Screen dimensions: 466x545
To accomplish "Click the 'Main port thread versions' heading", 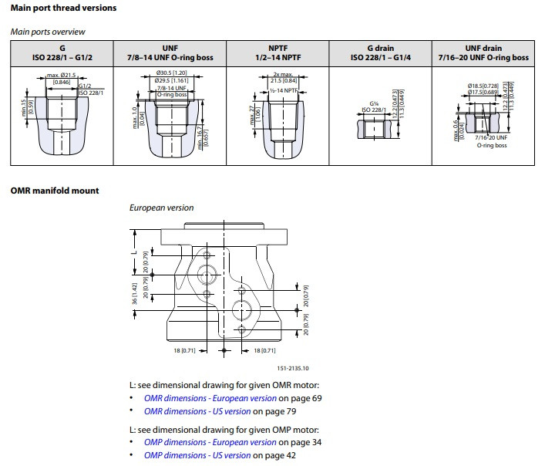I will pos(64,8).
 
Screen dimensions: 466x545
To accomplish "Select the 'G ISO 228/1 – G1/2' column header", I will pos(63,52).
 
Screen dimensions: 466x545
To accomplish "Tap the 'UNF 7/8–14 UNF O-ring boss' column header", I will pos(170,52).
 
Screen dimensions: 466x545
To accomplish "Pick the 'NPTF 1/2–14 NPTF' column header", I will pos(278,52).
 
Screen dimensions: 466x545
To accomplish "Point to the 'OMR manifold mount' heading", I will pos(55,190).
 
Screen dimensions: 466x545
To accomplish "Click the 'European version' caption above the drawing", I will pos(161,208).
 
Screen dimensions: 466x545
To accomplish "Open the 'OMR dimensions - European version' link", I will pos(210,398).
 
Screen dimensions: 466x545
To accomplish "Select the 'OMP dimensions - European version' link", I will pos(210,442).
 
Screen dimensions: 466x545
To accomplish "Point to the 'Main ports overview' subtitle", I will pos(48,32).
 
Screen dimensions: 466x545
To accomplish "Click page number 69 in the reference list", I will pos(316,398).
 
